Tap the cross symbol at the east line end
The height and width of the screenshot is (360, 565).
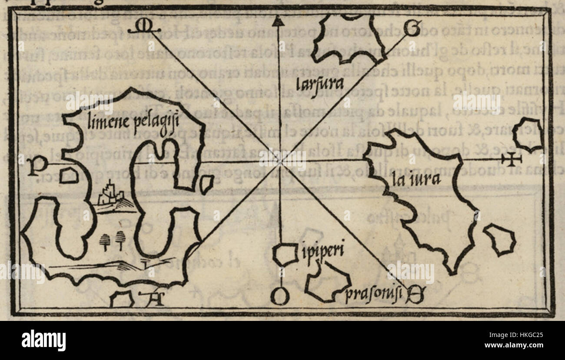pyautogui.click(x=512, y=159)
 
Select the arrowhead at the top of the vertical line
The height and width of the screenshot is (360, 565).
pyautogui.click(x=279, y=20)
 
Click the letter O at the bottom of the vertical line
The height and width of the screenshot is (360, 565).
pyautogui.click(x=280, y=297)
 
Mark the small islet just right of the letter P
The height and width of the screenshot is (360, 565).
pyautogui.click(x=69, y=175)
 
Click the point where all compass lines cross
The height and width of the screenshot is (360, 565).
pyautogui.click(x=280, y=161)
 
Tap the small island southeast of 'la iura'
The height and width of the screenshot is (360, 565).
pyautogui.click(x=500, y=240)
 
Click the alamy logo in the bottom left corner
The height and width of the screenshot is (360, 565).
pyautogui.click(x=43, y=340)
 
